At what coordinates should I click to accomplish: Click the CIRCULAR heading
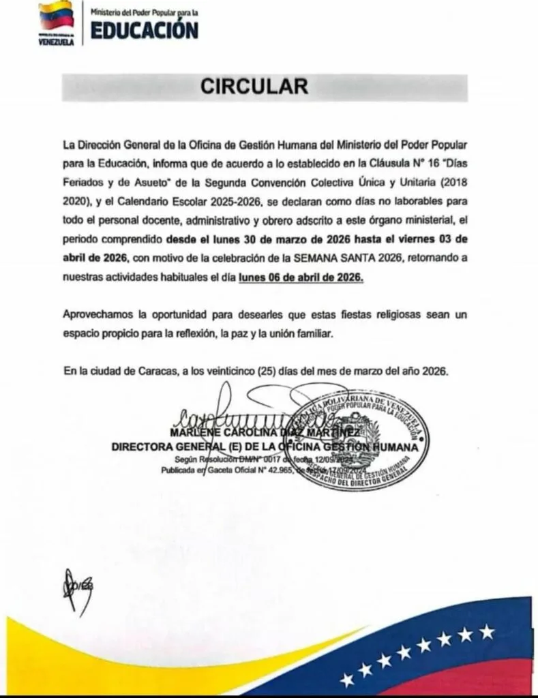[254, 87]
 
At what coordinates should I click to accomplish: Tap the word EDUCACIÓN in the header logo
[145, 31]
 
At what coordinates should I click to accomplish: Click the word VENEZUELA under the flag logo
[57, 42]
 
